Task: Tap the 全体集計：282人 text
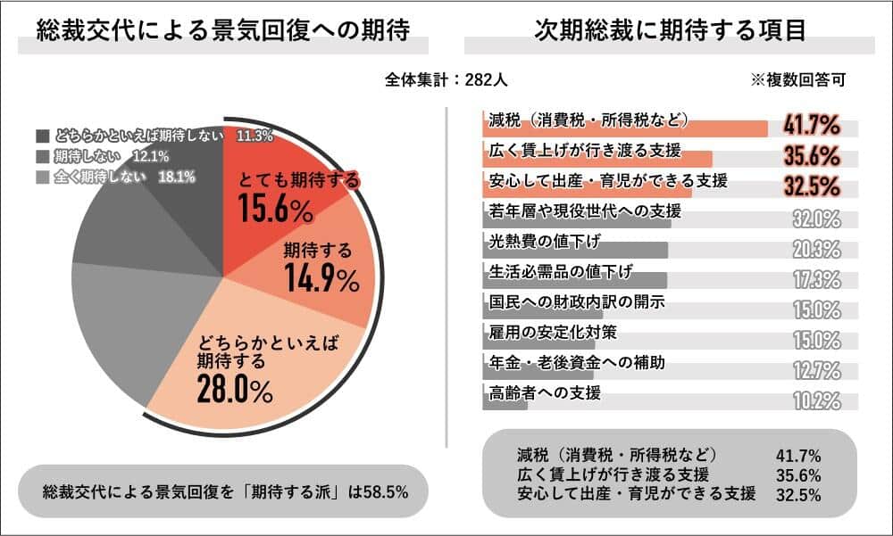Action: click(446, 79)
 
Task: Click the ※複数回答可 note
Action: click(797, 79)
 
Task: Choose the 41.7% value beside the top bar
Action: click(812, 123)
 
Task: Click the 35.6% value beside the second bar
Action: click(812, 155)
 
